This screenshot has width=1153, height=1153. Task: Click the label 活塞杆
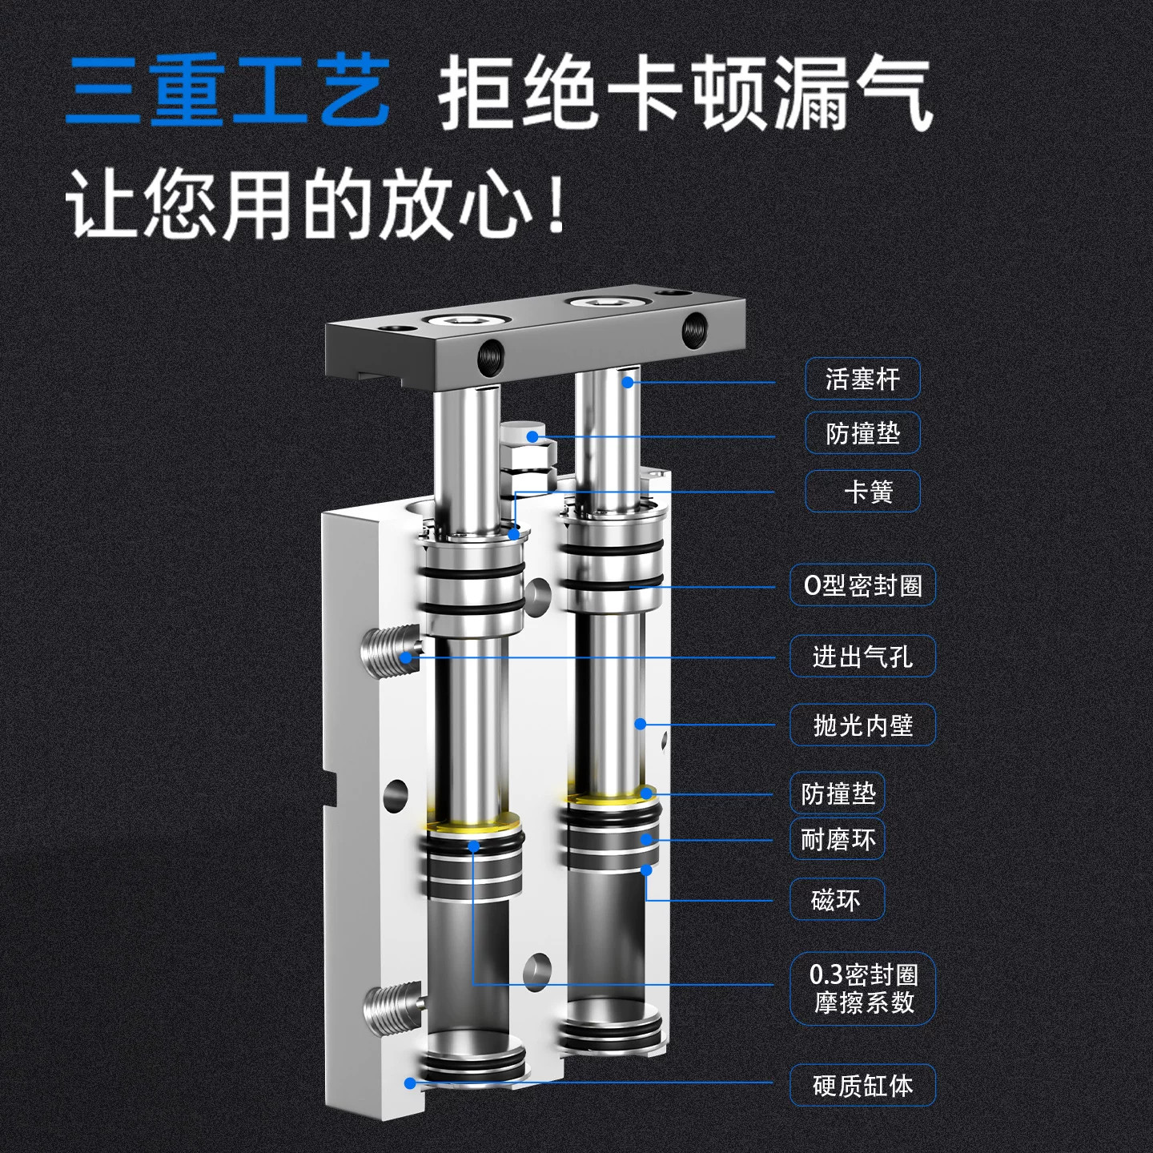[x=862, y=379]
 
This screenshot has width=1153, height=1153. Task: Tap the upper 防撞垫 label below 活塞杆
[x=862, y=432]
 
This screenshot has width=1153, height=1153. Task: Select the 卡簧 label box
[x=862, y=492]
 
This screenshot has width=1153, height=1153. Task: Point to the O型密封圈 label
[x=862, y=585]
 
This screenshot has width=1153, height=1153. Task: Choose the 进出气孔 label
[x=862, y=657]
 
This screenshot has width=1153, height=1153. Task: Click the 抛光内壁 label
[x=862, y=725]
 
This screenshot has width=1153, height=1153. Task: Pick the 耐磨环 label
[x=837, y=839]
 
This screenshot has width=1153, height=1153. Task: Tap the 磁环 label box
[x=837, y=899]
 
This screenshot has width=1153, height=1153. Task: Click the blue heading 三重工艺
[x=228, y=91]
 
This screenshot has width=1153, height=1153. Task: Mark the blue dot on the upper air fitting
[x=406, y=657]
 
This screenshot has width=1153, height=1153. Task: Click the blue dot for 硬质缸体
[x=410, y=1083]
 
